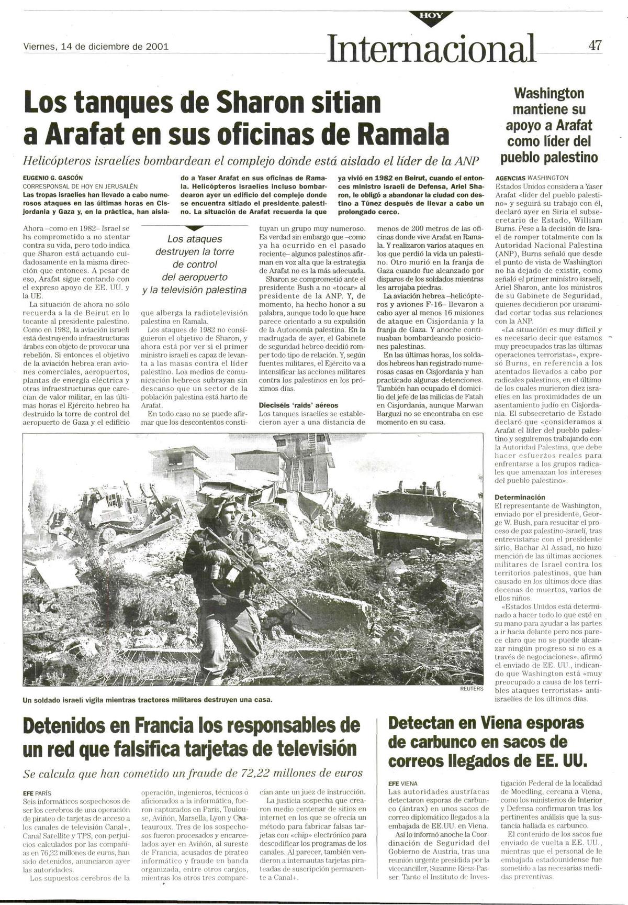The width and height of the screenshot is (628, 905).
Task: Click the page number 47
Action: (x=595, y=45)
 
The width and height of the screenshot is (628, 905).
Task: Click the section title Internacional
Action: (x=431, y=48)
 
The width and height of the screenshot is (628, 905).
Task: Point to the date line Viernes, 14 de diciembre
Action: (x=96, y=46)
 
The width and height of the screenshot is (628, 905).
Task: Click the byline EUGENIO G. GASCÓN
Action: (x=53, y=178)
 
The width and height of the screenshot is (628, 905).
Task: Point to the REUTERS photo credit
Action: (x=471, y=689)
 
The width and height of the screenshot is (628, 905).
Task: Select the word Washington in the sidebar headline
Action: (x=549, y=94)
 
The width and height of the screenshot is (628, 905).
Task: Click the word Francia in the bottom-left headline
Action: (x=165, y=726)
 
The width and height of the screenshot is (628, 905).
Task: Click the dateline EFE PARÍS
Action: (x=37, y=793)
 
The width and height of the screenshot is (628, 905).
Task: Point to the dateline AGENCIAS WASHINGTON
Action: (x=531, y=178)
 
